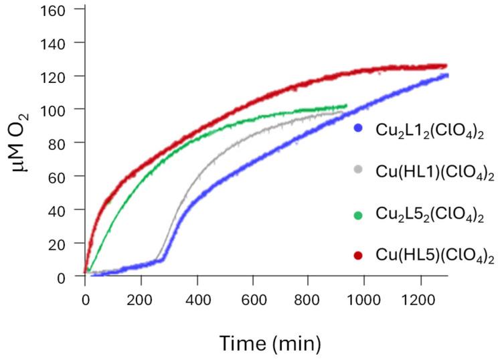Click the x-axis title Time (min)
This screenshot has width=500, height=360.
[270, 343]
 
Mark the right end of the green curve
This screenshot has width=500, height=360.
[346, 106]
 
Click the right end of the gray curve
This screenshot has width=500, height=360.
[342, 112]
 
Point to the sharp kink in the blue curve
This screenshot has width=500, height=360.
[165, 258]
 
